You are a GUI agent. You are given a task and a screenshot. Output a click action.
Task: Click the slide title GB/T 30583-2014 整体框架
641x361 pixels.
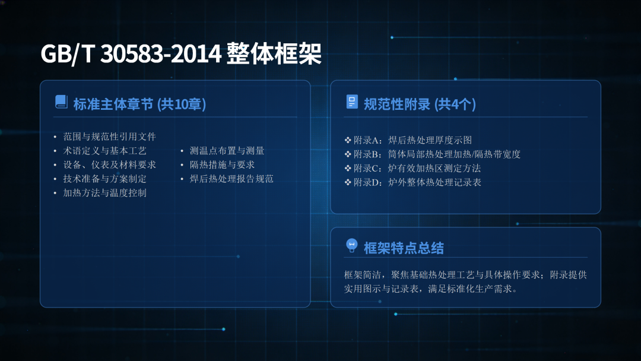[x=180, y=53]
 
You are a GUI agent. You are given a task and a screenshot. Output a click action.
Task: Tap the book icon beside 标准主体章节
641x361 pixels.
[x=61, y=102]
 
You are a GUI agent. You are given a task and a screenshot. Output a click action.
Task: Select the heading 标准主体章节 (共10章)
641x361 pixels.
[x=139, y=104]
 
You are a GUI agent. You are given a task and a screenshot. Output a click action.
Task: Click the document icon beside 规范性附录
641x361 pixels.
[x=351, y=102]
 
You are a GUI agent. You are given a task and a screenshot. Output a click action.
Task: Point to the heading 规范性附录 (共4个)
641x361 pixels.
[x=420, y=104]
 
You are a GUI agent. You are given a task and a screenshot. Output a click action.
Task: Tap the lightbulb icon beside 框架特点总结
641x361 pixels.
[x=351, y=245]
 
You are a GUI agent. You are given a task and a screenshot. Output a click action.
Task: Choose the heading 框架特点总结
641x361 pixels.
[x=404, y=248]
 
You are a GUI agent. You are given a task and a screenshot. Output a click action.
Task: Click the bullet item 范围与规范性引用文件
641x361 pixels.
[x=110, y=137]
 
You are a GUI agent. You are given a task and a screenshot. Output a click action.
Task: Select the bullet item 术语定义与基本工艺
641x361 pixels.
[x=104, y=151]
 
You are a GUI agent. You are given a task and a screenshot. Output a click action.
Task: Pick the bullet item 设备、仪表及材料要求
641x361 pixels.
[x=110, y=164]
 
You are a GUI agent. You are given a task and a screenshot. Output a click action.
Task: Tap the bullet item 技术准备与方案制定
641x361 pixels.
[x=104, y=179]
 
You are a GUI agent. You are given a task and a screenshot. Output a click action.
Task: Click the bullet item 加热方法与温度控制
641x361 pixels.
[x=104, y=193]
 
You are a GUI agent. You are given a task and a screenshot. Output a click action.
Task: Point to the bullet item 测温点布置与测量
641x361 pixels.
[x=227, y=151]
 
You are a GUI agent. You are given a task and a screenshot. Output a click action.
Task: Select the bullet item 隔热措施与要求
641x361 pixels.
[x=222, y=164]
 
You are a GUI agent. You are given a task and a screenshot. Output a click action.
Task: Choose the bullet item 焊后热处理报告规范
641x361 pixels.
[x=231, y=179]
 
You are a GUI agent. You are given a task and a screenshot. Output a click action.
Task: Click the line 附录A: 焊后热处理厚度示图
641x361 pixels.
[x=412, y=140]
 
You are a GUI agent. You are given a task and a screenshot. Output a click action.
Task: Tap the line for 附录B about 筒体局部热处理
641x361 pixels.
[x=437, y=154]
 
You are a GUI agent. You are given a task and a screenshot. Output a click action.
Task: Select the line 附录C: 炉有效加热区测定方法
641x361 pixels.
[x=417, y=168]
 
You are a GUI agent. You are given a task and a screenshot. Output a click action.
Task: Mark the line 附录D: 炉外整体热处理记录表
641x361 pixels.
[x=417, y=182]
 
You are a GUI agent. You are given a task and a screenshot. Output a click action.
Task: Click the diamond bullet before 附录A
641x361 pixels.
[x=348, y=140]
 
